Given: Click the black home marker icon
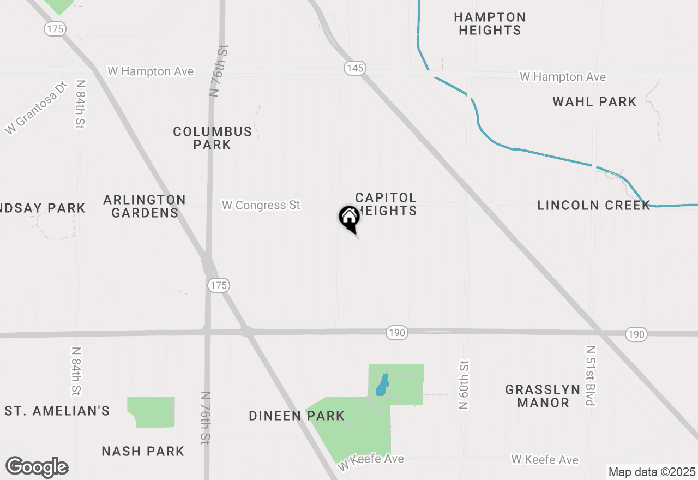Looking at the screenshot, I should [x=349, y=218].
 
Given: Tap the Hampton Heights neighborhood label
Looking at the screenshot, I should [x=490, y=24].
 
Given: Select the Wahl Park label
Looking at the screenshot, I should [x=594, y=101].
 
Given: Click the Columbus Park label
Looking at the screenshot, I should [x=213, y=138].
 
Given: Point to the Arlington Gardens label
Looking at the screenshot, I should [x=145, y=206].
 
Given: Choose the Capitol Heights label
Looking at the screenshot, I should [x=386, y=203].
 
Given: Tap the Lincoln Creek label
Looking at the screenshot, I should [x=593, y=206].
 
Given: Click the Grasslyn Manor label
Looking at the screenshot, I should [x=543, y=396].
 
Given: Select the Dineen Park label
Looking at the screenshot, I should [x=297, y=416].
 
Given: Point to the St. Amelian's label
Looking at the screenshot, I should [x=57, y=411].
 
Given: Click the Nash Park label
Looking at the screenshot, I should [x=143, y=451].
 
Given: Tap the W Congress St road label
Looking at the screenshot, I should [x=261, y=206].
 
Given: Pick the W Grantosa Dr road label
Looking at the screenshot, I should [x=35, y=108].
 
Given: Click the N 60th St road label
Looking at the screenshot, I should [x=464, y=384].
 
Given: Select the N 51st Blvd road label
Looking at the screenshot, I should [x=590, y=375].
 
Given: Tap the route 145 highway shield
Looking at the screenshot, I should [x=354, y=68].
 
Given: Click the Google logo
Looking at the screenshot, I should [x=37, y=467].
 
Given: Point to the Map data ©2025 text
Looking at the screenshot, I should [x=652, y=472].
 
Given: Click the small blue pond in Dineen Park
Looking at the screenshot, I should [x=382, y=385].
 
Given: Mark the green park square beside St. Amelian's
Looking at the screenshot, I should [x=151, y=412].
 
